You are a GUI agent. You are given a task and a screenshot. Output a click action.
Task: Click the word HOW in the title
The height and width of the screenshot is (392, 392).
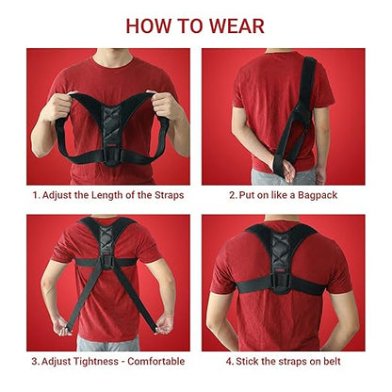pos(149,25)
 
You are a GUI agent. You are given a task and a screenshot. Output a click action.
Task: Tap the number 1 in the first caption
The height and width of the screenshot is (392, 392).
pos(35,195)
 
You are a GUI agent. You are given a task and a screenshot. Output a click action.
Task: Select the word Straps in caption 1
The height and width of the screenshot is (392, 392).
pos(164,195)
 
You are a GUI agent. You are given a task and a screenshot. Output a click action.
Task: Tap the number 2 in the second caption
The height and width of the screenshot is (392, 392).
pos(232,195)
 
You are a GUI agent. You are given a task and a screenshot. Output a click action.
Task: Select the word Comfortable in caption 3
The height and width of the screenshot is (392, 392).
pos(155,361)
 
